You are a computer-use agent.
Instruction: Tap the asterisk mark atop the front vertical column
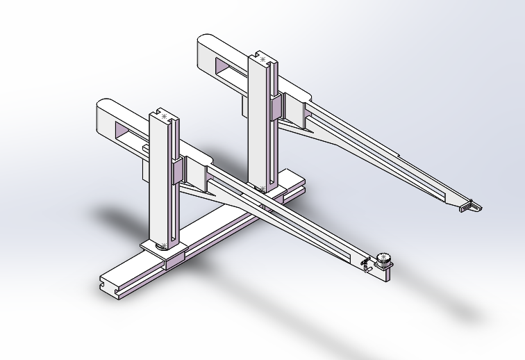pos(163,117)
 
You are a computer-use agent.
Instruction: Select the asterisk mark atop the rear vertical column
pos(262,60)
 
